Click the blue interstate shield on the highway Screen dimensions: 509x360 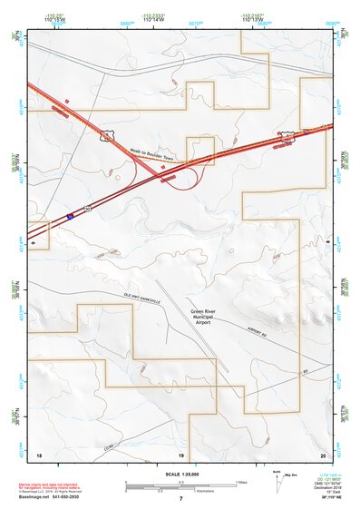click(x=70, y=217)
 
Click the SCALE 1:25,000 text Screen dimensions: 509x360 click(x=180, y=474)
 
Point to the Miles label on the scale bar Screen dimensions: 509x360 click(x=240, y=481)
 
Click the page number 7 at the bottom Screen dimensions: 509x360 click(x=180, y=499)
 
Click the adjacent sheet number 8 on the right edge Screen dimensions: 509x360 click(x=326, y=242)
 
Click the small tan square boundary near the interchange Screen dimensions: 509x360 click(x=199, y=151)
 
